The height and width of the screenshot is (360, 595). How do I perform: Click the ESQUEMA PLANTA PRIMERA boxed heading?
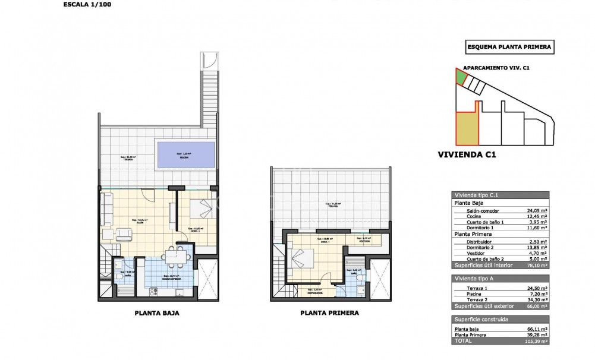click(509, 47)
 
